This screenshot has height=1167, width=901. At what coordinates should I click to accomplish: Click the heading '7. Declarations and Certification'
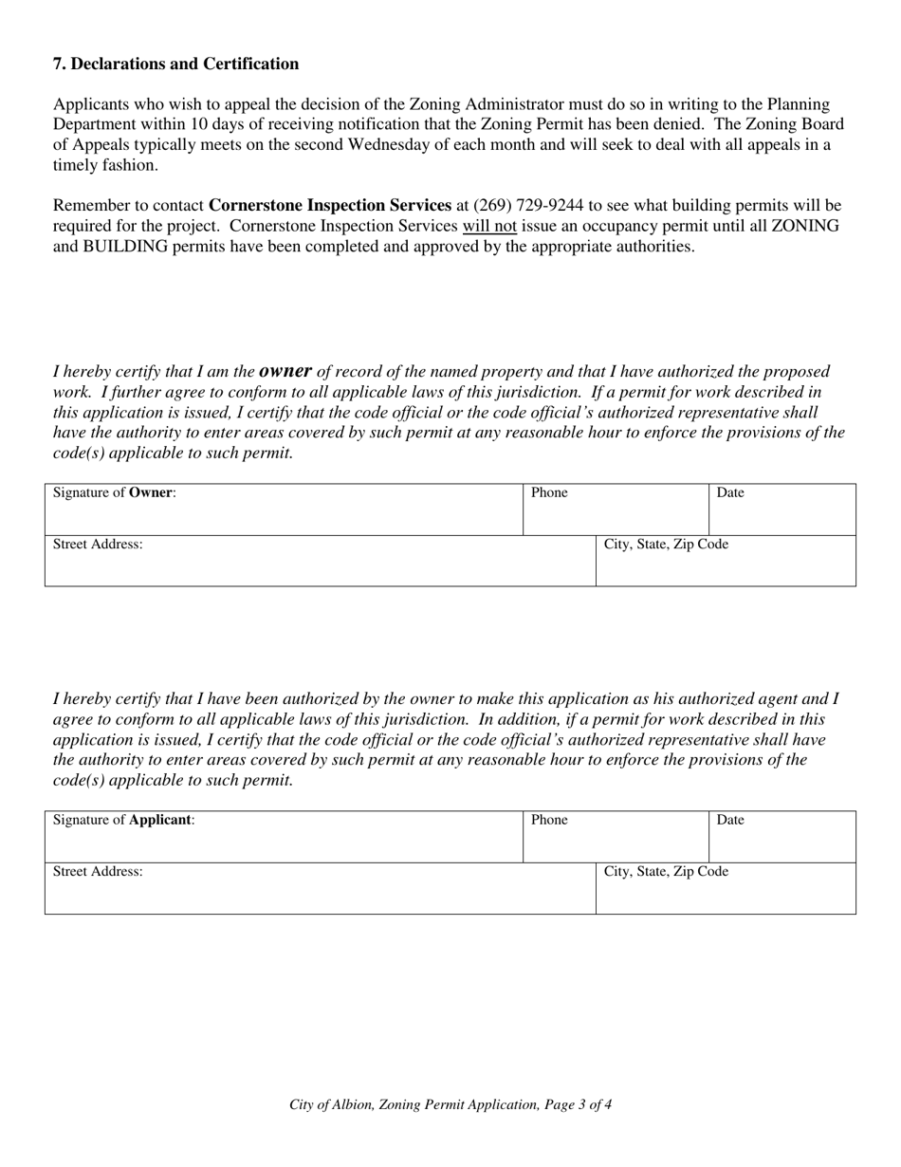click(175, 64)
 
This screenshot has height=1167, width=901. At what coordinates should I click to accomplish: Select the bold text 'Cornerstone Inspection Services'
click(330, 205)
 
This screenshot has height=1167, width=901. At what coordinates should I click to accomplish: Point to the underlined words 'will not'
click(489, 226)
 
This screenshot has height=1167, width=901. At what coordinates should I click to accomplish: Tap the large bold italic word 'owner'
click(285, 370)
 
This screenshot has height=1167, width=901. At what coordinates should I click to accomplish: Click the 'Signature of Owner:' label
click(114, 492)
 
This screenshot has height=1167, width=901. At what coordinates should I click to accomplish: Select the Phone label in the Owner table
click(549, 492)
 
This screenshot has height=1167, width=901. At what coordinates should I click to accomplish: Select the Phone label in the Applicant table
click(549, 820)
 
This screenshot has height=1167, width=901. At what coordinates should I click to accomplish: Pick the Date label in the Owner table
click(730, 492)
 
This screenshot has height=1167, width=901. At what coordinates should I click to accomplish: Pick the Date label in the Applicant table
click(730, 820)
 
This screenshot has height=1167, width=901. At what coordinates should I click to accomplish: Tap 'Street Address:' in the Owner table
click(98, 545)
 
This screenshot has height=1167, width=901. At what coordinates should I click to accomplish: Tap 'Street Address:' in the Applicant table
click(98, 871)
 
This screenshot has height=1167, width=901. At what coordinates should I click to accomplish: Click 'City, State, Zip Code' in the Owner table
click(666, 545)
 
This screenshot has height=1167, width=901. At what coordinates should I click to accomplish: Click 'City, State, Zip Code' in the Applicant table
click(666, 871)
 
